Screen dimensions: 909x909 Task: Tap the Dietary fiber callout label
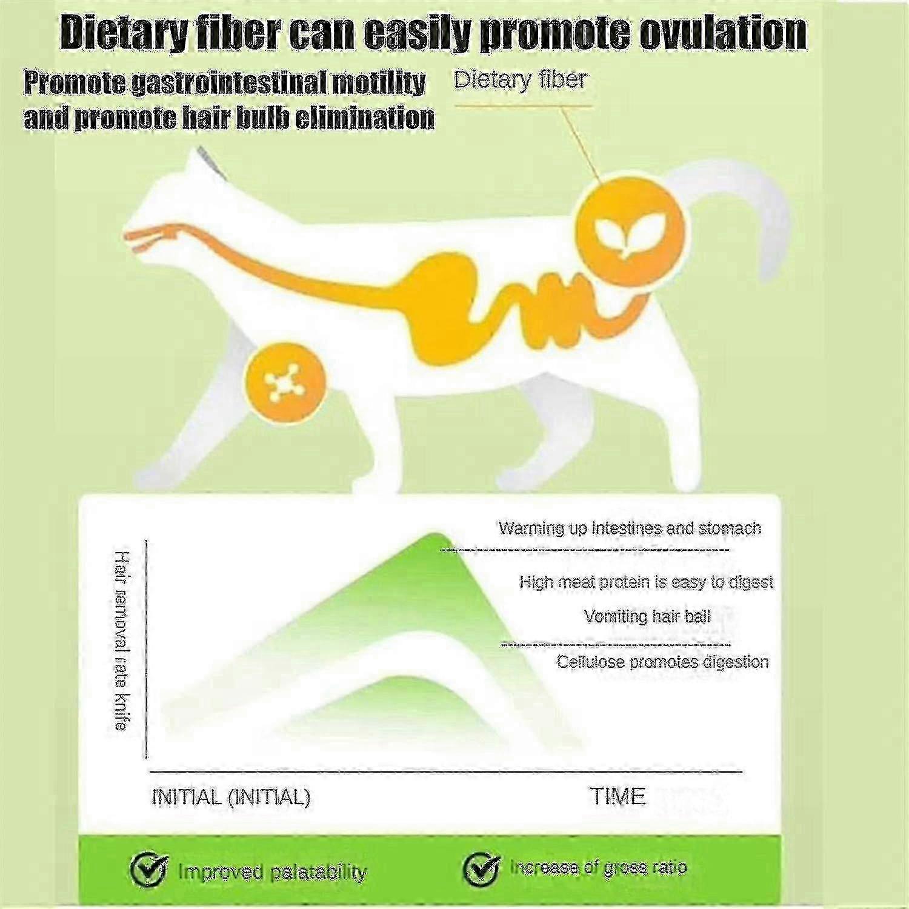coord(521,80)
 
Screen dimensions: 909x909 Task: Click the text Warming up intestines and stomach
coord(629,528)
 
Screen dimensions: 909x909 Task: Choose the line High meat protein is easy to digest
coord(646,582)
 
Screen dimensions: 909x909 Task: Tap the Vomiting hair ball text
coord(647,617)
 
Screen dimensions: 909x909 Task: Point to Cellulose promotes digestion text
coord(662,661)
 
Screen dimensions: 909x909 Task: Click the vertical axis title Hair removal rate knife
coord(121,641)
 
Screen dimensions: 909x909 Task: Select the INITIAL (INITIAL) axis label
coord(230,796)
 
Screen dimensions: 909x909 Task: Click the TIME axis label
coord(618,796)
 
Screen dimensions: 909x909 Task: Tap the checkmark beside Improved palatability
coord(149,869)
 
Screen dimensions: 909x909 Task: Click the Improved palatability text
coord(272,872)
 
